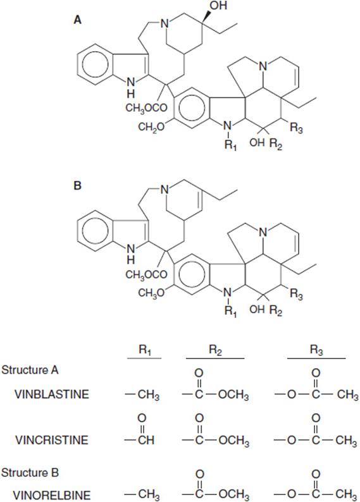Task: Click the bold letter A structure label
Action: click(78, 20)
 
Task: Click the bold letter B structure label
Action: click(77, 185)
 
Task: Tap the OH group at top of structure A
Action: click(219, 6)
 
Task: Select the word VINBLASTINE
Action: click(52, 394)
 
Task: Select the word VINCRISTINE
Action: click(52, 440)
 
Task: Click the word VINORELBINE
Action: click(53, 494)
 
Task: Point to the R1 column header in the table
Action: click(145, 350)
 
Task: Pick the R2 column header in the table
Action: click(215, 350)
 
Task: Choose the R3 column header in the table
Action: click(316, 350)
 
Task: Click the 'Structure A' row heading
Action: click(30, 370)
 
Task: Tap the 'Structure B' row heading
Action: click(30, 472)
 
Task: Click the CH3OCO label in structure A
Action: click(146, 108)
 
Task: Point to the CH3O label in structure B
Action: click(151, 293)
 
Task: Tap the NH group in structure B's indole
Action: click(131, 253)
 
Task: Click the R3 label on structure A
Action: click(296, 128)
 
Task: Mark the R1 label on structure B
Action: click(230, 311)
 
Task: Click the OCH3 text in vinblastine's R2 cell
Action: click(233, 395)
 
